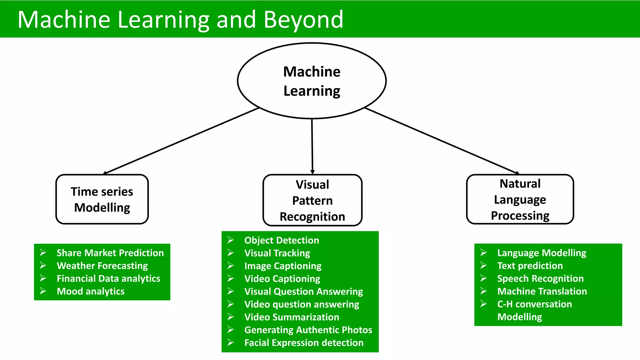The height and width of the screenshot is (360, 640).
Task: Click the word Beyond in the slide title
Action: click(303, 19)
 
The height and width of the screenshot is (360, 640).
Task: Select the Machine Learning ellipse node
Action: click(312, 81)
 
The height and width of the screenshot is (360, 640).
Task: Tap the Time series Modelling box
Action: click(102, 199)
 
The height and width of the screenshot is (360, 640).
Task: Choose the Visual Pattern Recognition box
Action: click(312, 200)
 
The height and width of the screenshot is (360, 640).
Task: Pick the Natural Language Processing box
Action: click(520, 199)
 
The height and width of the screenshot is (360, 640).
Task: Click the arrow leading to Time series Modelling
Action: click(181, 141)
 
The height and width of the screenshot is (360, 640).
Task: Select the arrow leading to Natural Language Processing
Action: click(441, 141)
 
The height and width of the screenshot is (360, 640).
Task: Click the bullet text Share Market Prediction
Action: click(110, 253)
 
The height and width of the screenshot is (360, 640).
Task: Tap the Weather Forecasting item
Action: click(102, 266)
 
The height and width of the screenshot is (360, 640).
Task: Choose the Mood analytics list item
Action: click(91, 291)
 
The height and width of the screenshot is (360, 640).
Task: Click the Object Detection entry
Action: click(282, 240)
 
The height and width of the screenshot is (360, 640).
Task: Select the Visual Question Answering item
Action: click(303, 292)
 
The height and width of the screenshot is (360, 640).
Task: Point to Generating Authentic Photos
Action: click(308, 330)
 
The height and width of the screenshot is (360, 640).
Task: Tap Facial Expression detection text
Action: click(304, 343)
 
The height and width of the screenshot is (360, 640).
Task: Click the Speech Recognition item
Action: click(540, 278)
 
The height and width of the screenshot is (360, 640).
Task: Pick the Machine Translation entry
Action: click(542, 291)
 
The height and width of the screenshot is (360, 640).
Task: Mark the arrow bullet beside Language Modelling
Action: click(483, 252)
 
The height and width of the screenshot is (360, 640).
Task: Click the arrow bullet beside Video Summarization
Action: click(231, 317)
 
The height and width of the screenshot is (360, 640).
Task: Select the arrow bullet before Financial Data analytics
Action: click(43, 278)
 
